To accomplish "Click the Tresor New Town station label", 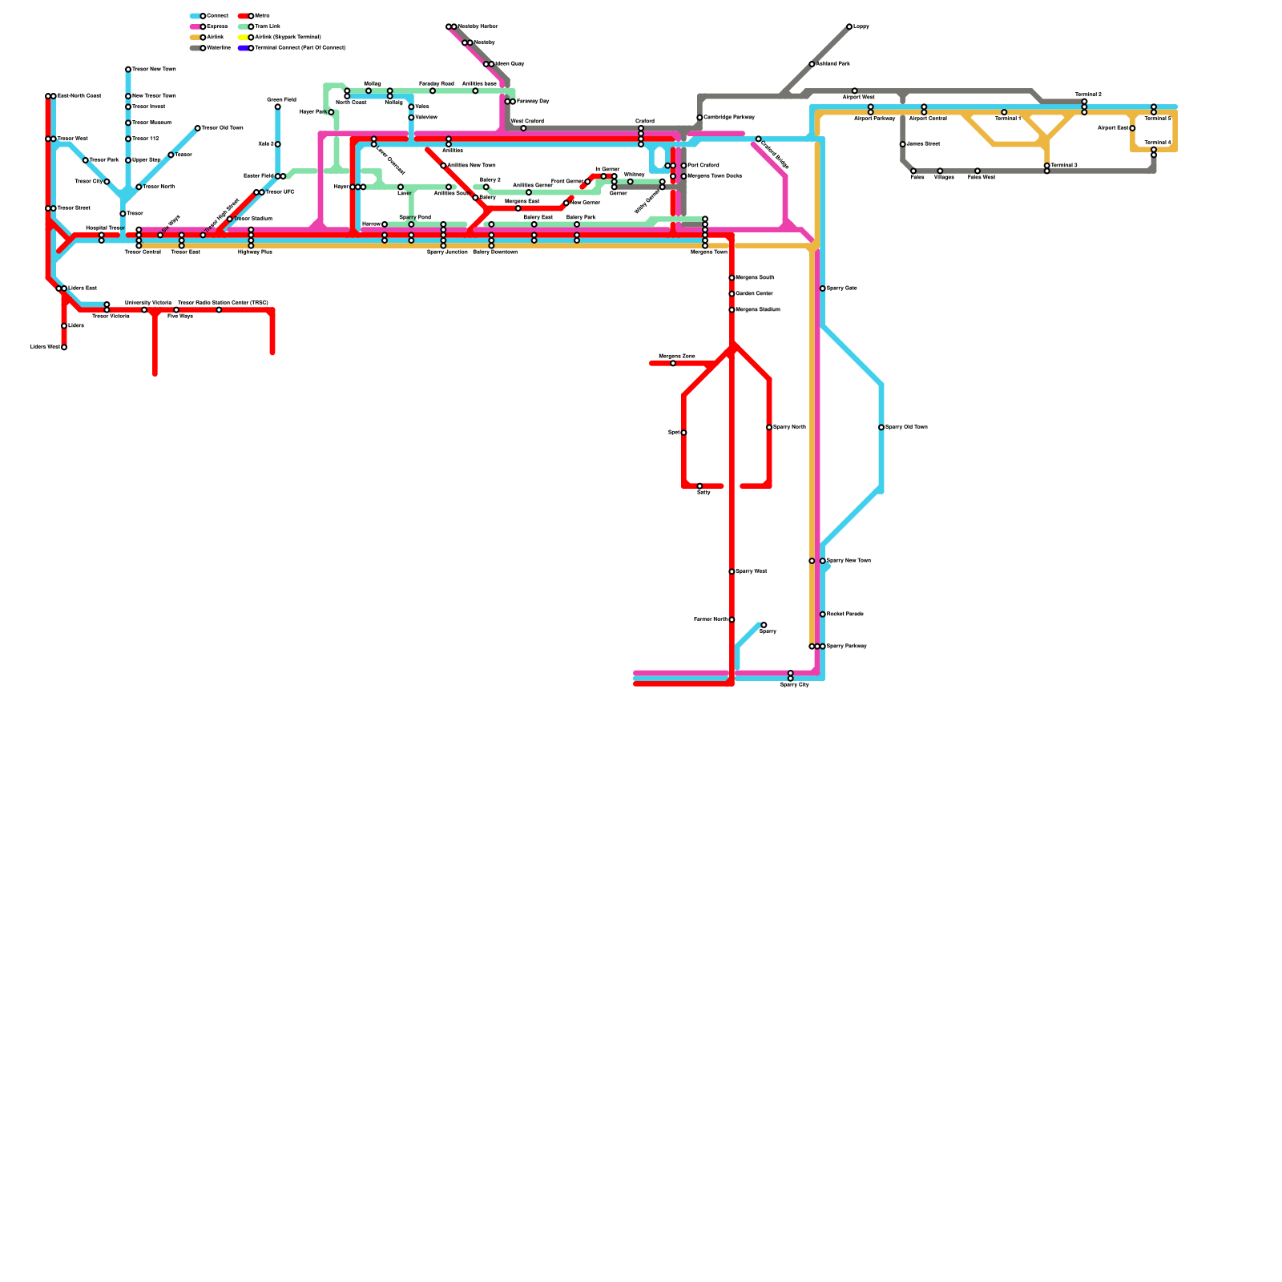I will click(154, 70).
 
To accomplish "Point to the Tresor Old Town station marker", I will click(198, 128).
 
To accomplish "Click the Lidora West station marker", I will click(64, 348).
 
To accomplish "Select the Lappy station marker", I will click(849, 26).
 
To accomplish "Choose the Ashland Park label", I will click(833, 63).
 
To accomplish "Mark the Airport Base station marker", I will click(1132, 128).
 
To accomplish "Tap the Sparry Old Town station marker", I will click(881, 427).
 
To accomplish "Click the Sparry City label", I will click(795, 685).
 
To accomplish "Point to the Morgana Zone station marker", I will click(673, 364).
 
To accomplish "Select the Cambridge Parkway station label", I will click(729, 117).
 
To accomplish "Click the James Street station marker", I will click(903, 144).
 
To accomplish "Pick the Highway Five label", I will click(255, 252).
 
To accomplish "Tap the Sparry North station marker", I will click(769, 427).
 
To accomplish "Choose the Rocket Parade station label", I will click(845, 614).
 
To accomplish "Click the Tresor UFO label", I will click(280, 192).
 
